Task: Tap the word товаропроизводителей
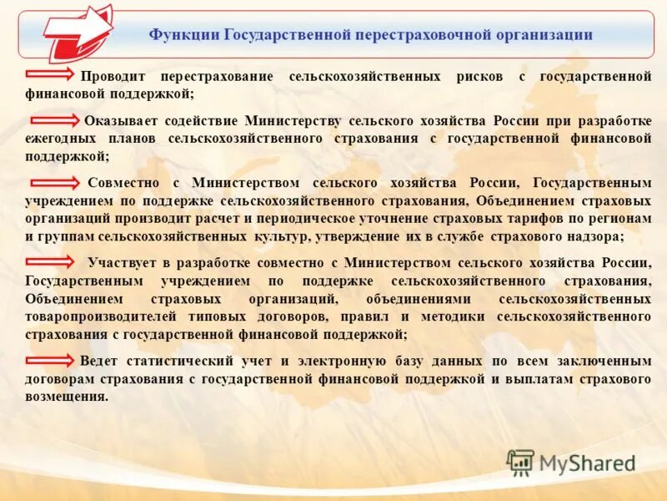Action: pyautogui.click(x=93, y=317)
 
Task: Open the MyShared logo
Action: pyautogui.click(x=572, y=462)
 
